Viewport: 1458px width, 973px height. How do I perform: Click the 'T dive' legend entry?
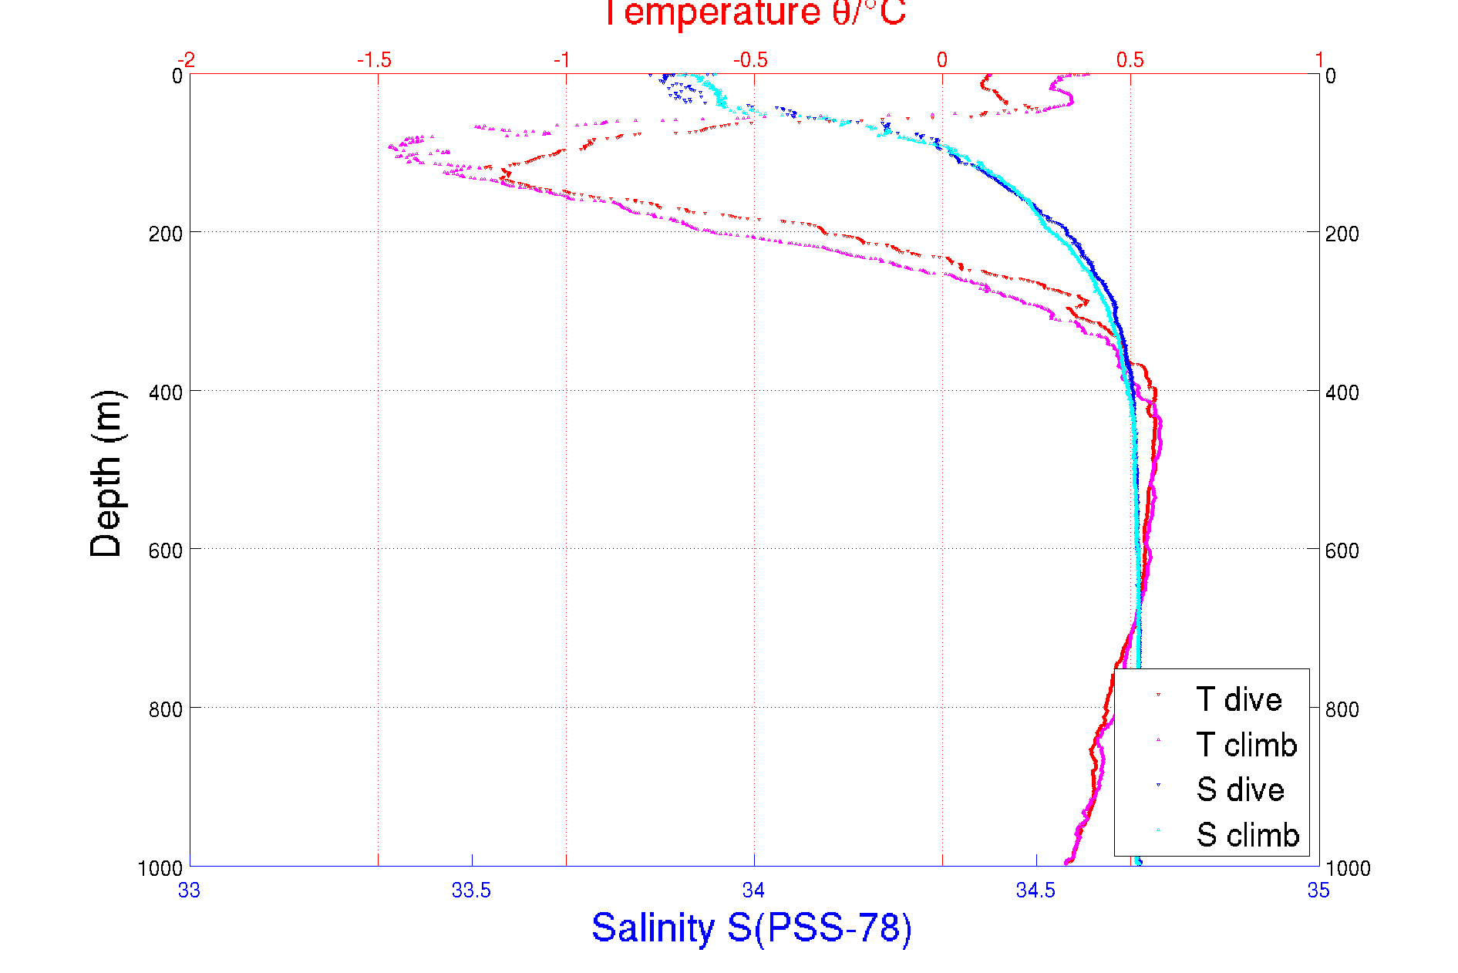click(1238, 699)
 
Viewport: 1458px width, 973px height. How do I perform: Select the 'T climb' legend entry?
click(1246, 745)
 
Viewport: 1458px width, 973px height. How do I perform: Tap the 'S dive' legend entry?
click(1240, 790)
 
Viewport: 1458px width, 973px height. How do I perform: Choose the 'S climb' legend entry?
click(1248, 835)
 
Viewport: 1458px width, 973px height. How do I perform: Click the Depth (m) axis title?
click(106, 473)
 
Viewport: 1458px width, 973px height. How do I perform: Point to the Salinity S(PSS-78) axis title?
click(752, 928)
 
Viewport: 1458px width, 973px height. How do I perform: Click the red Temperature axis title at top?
click(753, 14)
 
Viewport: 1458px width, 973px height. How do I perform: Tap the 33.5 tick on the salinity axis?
click(471, 891)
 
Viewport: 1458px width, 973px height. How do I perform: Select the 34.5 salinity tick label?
click(1035, 891)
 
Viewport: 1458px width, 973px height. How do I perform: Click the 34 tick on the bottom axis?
click(753, 891)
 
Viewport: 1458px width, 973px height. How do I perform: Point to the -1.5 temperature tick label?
click(375, 60)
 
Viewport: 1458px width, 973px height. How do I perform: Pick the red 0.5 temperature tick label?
click(1130, 60)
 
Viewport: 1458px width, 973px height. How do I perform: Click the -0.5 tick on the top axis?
click(751, 60)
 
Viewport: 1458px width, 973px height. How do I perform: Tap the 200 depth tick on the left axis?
click(165, 234)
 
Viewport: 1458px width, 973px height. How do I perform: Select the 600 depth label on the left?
click(165, 550)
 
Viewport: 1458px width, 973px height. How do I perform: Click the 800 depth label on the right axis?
click(1342, 709)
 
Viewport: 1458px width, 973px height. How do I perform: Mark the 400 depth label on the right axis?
click(1342, 392)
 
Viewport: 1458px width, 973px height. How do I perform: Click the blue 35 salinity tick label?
click(1318, 891)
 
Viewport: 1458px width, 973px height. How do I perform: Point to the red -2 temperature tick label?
click(186, 60)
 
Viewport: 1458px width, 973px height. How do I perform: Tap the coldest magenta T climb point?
click(391, 146)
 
